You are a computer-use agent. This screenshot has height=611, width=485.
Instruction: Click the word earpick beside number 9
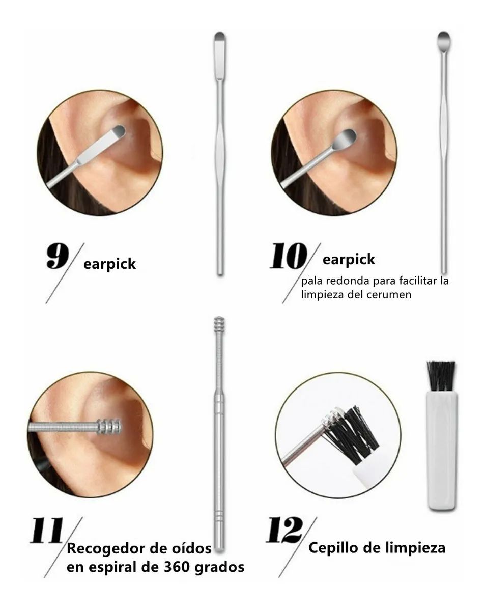pos(110,264)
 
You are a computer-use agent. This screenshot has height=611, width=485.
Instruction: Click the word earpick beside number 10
pos(349,260)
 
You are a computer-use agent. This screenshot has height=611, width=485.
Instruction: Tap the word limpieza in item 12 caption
pos(417,548)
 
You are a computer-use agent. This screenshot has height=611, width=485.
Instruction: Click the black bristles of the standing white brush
pos(441,376)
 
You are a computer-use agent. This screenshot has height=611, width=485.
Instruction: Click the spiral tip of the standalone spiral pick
pos(219,324)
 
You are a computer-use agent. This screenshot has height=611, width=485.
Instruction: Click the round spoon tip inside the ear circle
pos(346,137)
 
